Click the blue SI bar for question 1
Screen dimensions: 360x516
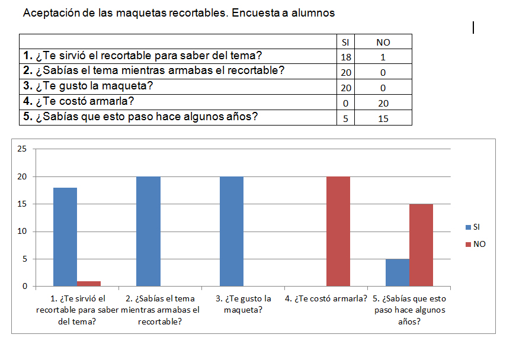[x=65, y=237]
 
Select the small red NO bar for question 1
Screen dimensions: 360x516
[x=89, y=284]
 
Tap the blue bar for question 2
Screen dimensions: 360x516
[x=148, y=232]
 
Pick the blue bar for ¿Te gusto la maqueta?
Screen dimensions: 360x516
[x=231, y=232]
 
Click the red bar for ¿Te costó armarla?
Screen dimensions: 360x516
[x=338, y=232]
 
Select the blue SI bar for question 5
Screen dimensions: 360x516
[x=398, y=273]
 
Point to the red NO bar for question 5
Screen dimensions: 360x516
[x=421, y=245]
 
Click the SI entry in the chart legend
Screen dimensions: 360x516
[x=476, y=227]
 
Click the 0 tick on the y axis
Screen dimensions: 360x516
[x=24, y=287]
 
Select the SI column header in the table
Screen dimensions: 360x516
[x=346, y=42]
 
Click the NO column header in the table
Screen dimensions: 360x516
[x=383, y=42]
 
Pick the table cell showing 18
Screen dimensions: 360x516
[x=346, y=57]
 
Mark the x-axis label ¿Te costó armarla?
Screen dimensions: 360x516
[x=326, y=298]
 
